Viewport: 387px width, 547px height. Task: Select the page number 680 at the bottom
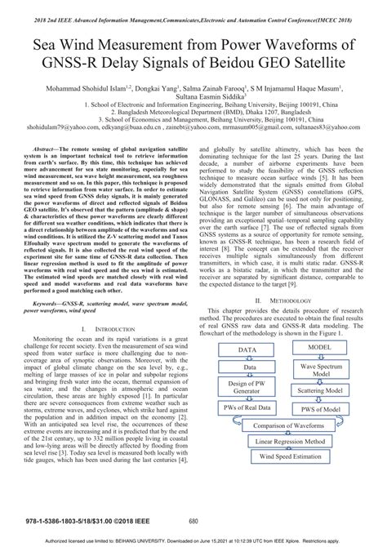point(193,522)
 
